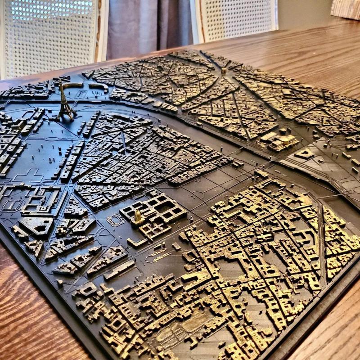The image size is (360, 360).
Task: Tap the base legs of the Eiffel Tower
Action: (66, 116)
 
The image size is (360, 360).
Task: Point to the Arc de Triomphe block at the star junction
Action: (224, 70)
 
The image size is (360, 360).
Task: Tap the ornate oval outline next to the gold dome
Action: (116, 220)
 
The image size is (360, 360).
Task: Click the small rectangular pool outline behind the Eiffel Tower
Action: (81, 94)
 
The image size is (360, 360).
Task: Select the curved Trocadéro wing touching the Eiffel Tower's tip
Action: (72, 85)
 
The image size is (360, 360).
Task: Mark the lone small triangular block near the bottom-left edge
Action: (60, 283)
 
